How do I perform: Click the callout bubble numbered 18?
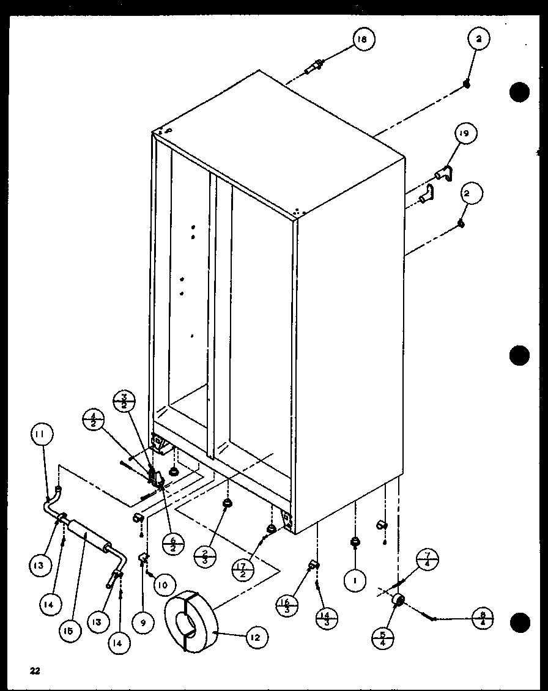362,40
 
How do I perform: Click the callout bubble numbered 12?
255,638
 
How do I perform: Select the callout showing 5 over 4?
383,637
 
